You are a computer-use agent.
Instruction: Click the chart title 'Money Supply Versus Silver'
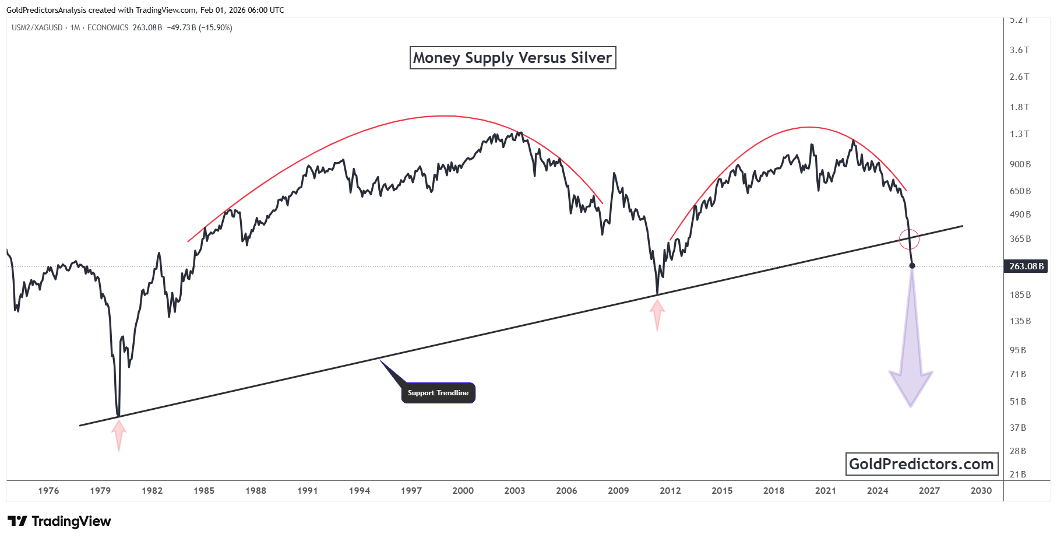tap(513, 58)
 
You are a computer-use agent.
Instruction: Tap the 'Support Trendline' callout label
tap(438, 393)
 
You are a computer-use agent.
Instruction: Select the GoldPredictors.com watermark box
tap(921, 464)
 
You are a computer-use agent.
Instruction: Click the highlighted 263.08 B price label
tap(1026, 266)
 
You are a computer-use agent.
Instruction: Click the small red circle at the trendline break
tap(909, 238)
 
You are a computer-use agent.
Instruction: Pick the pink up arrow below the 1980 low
tap(119, 435)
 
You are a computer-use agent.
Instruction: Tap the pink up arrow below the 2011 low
tap(657, 314)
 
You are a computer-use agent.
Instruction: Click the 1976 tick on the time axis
tap(48, 491)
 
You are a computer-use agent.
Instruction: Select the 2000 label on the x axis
tap(463, 491)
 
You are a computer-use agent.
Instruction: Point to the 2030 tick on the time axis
tap(981, 491)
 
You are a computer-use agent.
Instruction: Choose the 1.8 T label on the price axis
tap(1019, 107)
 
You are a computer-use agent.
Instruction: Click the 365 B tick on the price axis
tap(1020, 239)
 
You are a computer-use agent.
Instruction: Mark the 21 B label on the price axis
tap(1017, 475)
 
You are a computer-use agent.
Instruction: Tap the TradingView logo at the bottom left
tap(59, 521)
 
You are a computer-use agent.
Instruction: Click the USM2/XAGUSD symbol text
tap(37, 27)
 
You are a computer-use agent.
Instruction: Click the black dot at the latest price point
tap(912, 266)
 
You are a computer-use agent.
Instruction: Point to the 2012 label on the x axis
tap(670, 491)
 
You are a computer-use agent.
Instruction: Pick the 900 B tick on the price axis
tap(1020, 164)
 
